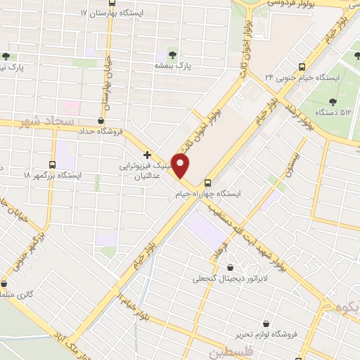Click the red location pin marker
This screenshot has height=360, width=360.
[181, 166]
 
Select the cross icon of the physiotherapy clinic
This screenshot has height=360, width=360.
[147, 155]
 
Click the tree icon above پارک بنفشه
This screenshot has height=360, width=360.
[174, 54]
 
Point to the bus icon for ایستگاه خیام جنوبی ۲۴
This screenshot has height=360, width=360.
[302, 67]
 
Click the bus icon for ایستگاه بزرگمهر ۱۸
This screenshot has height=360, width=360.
[53, 163]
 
